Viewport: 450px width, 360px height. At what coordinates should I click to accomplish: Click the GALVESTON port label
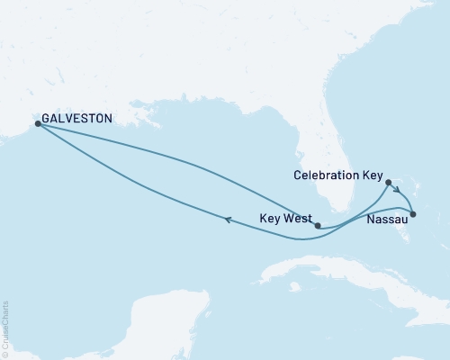click(77, 118)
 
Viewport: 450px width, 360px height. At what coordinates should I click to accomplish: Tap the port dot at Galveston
click(37, 124)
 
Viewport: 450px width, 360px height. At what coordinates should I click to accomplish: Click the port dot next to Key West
click(318, 227)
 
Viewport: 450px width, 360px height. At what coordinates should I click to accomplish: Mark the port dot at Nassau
click(413, 214)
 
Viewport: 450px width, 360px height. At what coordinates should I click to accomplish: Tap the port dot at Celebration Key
click(389, 183)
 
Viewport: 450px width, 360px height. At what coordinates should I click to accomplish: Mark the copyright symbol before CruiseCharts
click(5, 354)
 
